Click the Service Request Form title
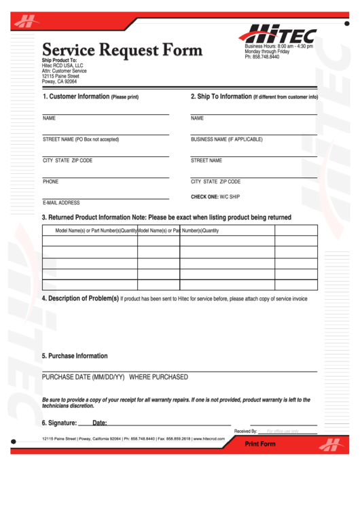(122, 50)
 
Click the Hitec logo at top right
(278, 33)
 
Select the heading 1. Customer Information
(90, 96)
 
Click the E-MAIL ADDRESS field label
(61, 203)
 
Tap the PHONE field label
(50, 181)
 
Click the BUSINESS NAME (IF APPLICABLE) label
(226, 139)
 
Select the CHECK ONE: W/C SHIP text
(215, 197)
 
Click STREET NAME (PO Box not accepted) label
(81, 139)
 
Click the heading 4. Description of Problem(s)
(80, 298)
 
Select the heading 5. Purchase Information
(75, 355)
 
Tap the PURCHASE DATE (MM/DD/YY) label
(83, 376)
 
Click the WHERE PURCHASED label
(158, 376)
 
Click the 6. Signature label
(58, 423)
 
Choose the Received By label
(245, 432)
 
